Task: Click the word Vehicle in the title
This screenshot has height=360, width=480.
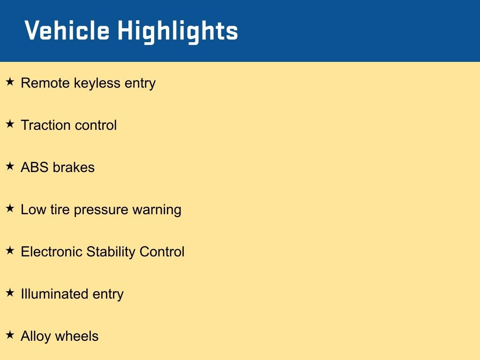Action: point(67,30)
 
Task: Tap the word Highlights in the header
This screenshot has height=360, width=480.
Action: point(178,32)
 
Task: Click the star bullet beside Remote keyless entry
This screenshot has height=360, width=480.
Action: point(10,82)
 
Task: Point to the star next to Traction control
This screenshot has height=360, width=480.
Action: point(10,124)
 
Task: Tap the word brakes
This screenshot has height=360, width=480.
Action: point(74,167)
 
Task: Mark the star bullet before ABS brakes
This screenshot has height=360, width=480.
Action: point(10,166)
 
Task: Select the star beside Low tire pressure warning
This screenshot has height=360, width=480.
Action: point(10,208)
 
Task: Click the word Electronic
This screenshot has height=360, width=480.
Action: point(52,252)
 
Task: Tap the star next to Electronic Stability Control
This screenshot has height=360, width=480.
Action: point(10,250)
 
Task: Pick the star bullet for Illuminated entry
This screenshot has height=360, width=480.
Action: point(10,292)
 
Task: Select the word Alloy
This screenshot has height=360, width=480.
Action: point(36,337)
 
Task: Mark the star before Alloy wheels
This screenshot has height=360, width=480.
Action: point(10,335)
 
